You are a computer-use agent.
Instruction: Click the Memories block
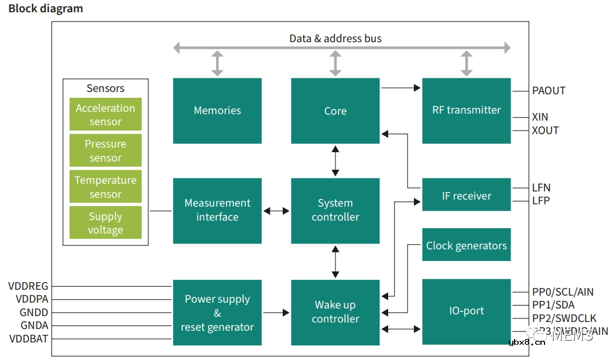tap(217, 111)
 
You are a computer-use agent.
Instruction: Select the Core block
tap(335, 111)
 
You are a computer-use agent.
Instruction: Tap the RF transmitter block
tap(466, 110)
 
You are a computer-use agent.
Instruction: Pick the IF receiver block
tap(466, 196)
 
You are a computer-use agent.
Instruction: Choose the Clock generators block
tap(466, 245)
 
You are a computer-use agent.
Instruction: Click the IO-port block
tap(466, 311)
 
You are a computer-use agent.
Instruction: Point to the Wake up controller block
tap(335, 311)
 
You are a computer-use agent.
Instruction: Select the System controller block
tap(335, 210)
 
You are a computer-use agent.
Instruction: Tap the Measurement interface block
tap(217, 210)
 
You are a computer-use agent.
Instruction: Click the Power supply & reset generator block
tap(217, 313)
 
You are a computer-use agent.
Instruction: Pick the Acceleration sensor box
tap(105, 115)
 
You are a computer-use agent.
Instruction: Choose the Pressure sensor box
tap(105, 150)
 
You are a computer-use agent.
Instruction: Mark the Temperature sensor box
tap(105, 187)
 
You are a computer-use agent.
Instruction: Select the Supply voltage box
tap(105, 222)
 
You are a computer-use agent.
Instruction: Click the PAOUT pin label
tap(549, 91)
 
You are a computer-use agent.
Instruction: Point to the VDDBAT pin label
tap(29, 339)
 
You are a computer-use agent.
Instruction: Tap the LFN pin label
tap(541, 188)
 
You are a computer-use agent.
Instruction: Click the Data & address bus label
tap(335, 39)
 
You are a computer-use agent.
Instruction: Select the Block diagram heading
tap(46, 9)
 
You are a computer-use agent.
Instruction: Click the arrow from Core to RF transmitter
tap(400, 88)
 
